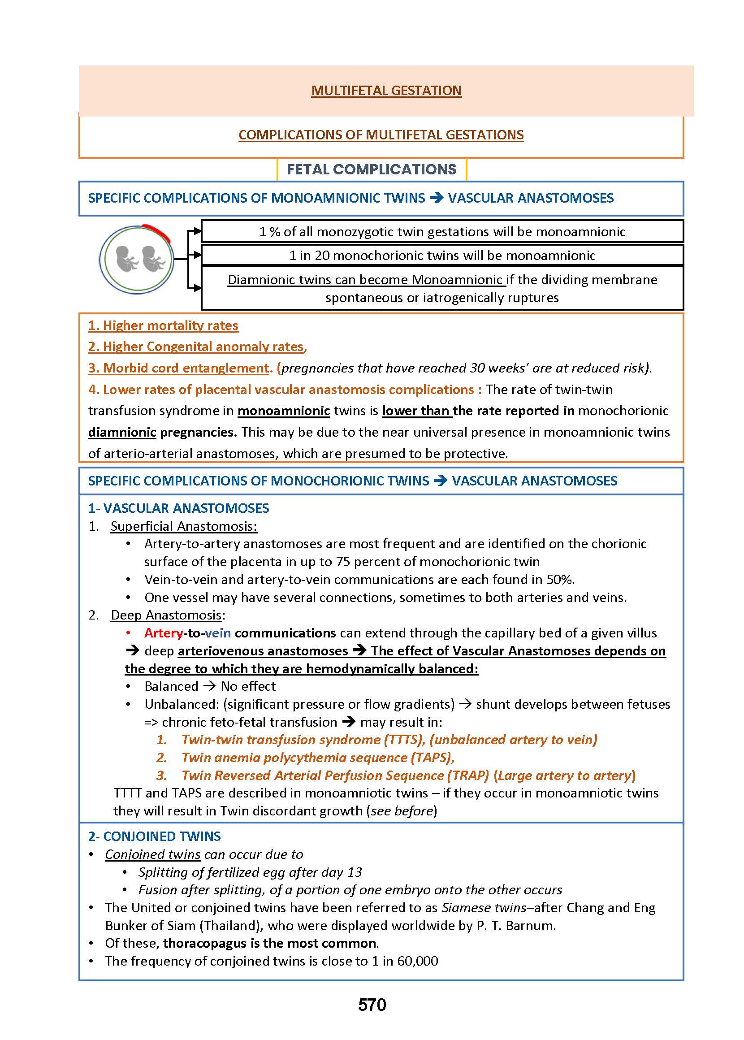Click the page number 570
372,1005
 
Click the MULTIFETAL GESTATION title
386,90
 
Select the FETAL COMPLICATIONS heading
372,169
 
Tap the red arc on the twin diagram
158,231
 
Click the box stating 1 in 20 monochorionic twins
442,255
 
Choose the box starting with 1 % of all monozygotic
442,231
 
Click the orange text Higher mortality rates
164,325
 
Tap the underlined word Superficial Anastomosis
183,526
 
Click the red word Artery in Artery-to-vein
164,633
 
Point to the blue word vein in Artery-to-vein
218,633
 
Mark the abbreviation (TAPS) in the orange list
430,757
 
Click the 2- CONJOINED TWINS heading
154,836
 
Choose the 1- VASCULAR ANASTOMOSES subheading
179,508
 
